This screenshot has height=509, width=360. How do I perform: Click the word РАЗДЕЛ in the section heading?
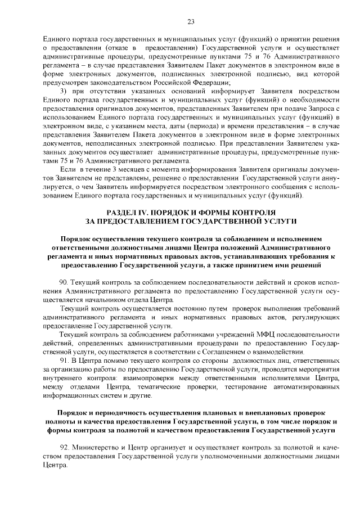pyautogui.click(x=121, y=213)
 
